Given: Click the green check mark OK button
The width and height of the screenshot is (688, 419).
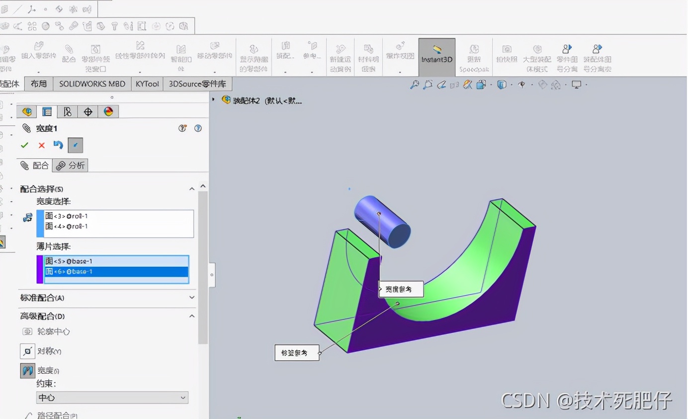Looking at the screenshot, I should pos(24,145).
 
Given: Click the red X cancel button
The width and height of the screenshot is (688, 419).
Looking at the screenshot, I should pos(41,145).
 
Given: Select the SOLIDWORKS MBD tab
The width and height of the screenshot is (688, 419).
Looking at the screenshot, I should pos(92,84).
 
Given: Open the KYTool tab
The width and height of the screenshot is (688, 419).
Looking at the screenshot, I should pos(147,84).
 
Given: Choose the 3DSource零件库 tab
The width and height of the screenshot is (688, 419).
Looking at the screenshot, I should pos(197,84).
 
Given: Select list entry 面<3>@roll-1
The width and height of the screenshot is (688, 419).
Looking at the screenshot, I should pos(67,216).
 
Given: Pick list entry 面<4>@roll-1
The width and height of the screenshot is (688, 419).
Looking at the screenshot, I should pos(67,226).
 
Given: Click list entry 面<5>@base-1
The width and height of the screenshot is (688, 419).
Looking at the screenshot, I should pos(69,261).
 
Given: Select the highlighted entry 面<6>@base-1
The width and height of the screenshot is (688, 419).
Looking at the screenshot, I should pos(69,272).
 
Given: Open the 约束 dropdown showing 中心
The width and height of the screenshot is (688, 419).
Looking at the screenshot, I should pos(112,398).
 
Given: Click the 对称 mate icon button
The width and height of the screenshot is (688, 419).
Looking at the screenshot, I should pos(27,351).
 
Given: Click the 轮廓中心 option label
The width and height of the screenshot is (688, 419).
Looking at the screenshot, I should pos(53,331).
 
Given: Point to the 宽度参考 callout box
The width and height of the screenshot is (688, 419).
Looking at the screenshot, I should pos(401,289).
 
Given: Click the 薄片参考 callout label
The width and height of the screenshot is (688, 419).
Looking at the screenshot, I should pos(297,353).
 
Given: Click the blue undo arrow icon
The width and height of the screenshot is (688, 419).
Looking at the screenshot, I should pos(58,145).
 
